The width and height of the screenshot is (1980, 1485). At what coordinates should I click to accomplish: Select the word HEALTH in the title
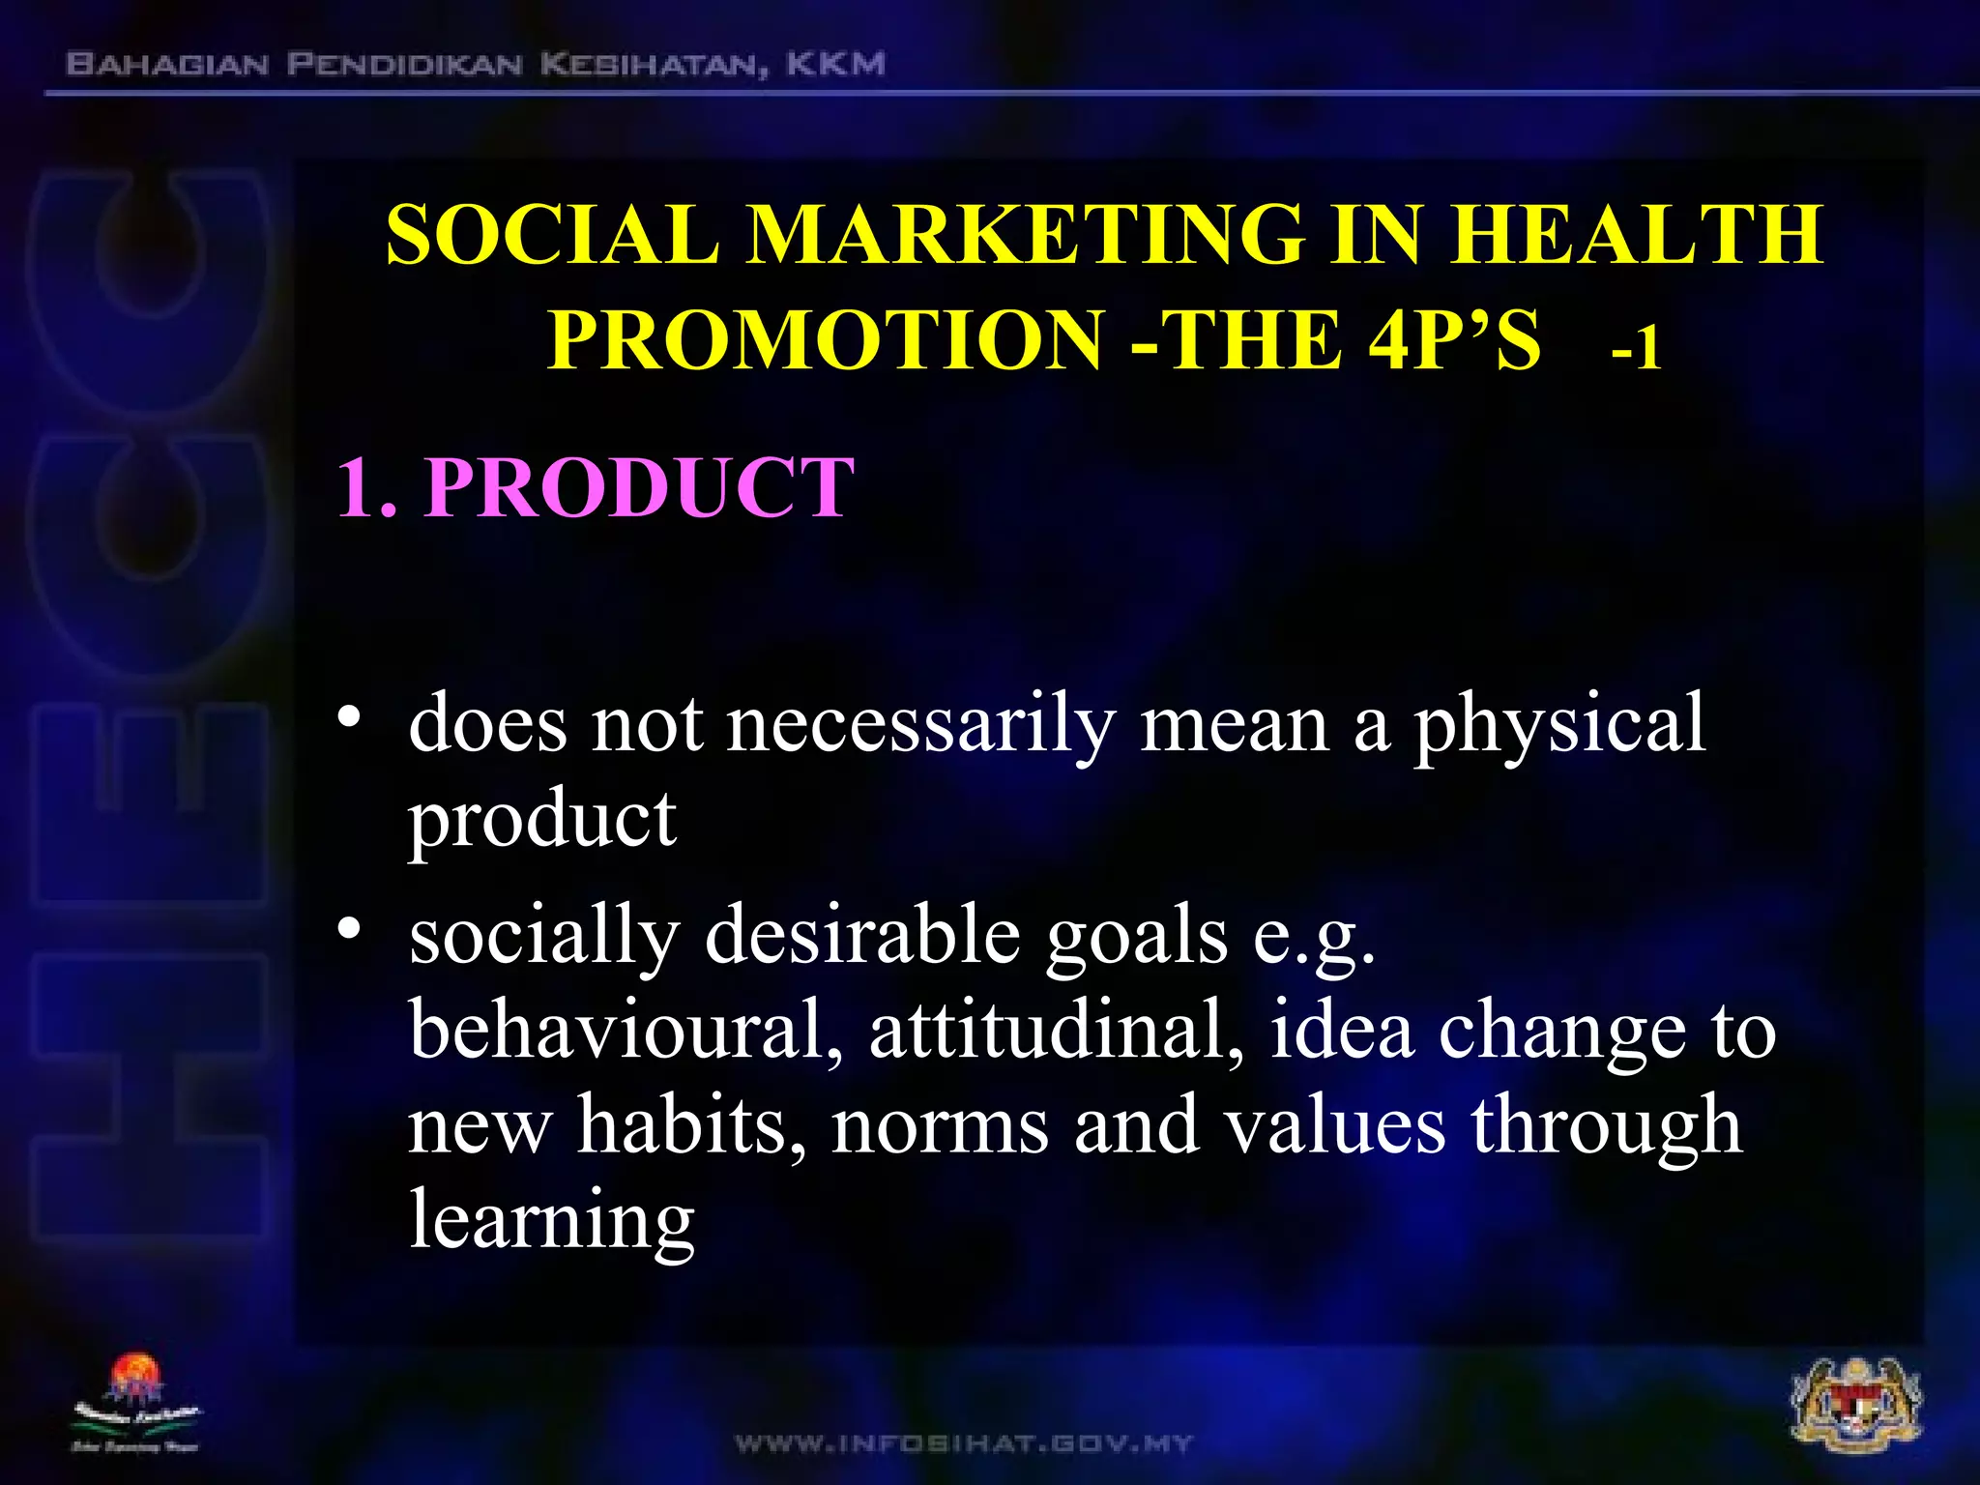click(x=1636, y=235)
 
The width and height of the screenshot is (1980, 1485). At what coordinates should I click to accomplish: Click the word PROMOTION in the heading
click(x=826, y=340)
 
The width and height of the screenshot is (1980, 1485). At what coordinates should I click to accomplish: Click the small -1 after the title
click(x=1636, y=348)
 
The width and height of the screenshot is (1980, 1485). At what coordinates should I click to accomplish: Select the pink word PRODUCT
click(x=639, y=487)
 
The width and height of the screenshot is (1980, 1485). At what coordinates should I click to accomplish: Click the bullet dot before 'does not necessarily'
click(x=349, y=717)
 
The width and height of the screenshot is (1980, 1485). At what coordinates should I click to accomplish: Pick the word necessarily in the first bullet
click(x=920, y=725)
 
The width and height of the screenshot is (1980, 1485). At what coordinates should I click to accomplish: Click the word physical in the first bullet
click(x=1559, y=725)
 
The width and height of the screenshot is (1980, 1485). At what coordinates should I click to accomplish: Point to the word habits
click(x=692, y=1125)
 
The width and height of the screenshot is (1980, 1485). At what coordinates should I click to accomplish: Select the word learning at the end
click(x=551, y=1220)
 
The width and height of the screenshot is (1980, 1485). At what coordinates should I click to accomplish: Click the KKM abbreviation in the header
click(x=835, y=65)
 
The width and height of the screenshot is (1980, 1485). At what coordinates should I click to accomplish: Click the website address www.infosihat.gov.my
click(x=964, y=1444)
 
